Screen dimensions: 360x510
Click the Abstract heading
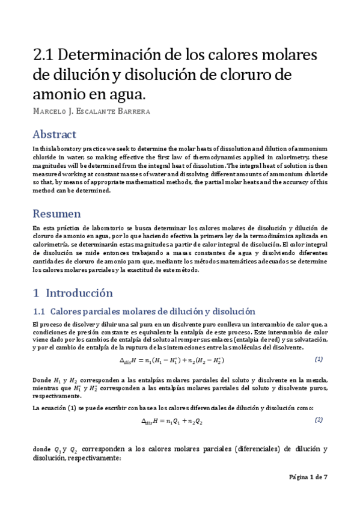[55, 134]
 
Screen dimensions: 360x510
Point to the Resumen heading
[56, 214]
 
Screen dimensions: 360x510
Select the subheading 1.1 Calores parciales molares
[144, 312]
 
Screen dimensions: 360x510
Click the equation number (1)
[319, 359]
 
